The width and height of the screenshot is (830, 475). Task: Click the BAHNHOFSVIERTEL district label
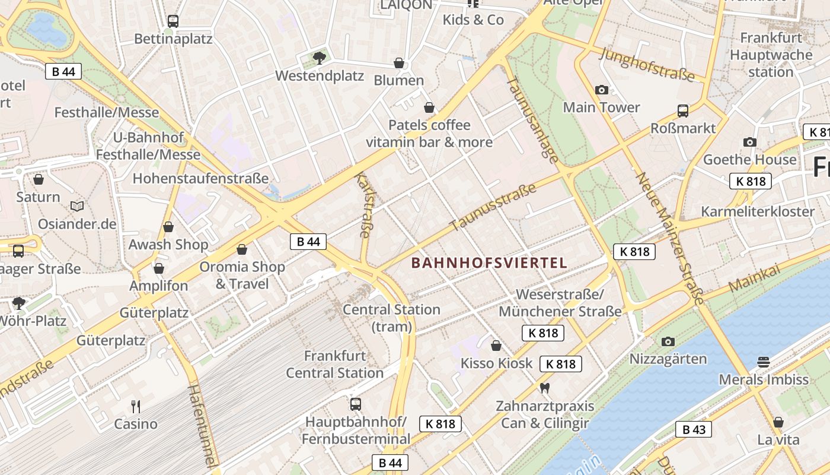[489, 262]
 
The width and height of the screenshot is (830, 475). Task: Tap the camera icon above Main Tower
[602, 90]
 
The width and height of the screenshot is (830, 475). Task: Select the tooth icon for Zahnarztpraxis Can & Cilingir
[545, 388]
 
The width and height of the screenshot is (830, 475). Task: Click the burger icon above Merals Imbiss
[764, 362]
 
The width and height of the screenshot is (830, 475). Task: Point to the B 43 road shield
[693, 429]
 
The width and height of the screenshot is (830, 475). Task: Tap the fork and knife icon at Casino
[136, 406]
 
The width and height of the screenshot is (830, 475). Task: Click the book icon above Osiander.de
[77, 206]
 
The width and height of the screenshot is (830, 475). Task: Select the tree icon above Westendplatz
[320, 58]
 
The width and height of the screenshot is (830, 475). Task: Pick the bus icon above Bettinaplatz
[173, 21]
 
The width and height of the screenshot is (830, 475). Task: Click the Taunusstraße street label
[493, 207]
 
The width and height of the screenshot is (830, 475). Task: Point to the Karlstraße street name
[362, 205]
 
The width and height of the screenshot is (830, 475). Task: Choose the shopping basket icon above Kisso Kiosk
[496, 346]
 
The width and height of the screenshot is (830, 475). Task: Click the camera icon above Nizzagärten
[668, 341]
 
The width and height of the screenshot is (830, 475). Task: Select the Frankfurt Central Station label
[335, 365]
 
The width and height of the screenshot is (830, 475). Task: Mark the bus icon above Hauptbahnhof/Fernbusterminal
[356, 404]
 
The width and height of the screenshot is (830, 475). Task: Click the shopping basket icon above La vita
[778, 422]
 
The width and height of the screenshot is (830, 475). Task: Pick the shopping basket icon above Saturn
[39, 179]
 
